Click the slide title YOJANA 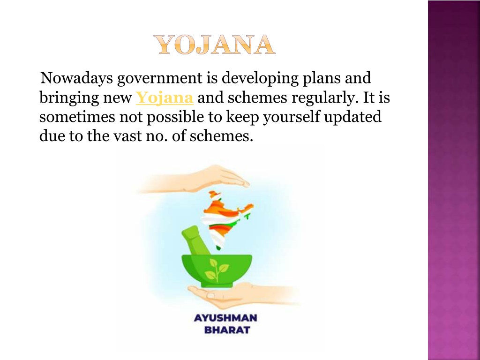(214, 45)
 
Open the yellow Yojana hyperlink (165, 97)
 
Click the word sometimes (77, 117)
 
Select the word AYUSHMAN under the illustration (225, 318)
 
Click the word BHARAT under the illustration (227, 330)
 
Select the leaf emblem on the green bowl (217, 270)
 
